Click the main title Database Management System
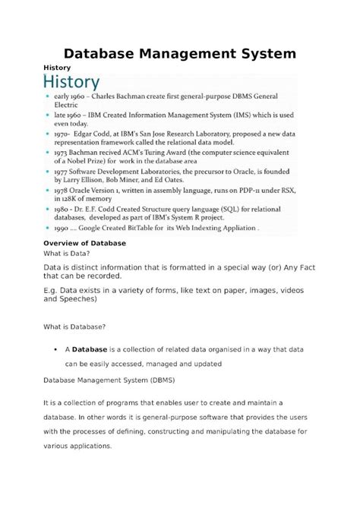(x=179, y=53)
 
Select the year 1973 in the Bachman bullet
(x=67, y=151)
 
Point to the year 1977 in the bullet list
(x=66, y=172)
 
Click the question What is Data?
(x=68, y=253)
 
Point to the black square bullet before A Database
(x=58, y=349)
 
